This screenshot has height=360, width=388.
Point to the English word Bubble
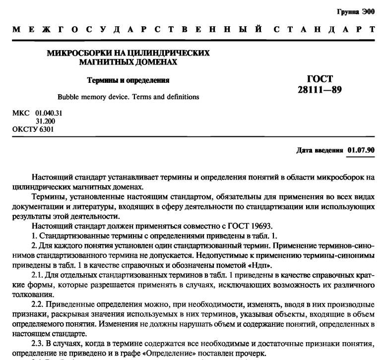coord(69,97)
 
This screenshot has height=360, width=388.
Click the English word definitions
coord(182,97)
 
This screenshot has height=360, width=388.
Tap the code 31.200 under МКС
coord(45,121)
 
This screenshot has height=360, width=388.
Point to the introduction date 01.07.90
coord(361,150)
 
